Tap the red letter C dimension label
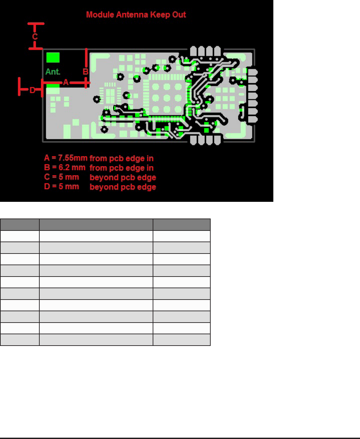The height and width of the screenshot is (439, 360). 35,36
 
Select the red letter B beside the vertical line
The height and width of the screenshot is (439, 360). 85,72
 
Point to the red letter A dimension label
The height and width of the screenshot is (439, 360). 66,82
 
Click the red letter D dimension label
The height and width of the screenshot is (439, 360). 32,90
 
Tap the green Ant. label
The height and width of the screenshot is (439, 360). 53,72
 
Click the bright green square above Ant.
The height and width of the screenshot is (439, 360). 53,57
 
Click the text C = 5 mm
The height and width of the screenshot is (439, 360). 62,177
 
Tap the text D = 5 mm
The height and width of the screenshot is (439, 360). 62,186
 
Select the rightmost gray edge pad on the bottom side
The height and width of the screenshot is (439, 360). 217,140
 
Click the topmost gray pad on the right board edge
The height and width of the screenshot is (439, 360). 253,72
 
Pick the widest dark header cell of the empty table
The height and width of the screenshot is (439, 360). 96,225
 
